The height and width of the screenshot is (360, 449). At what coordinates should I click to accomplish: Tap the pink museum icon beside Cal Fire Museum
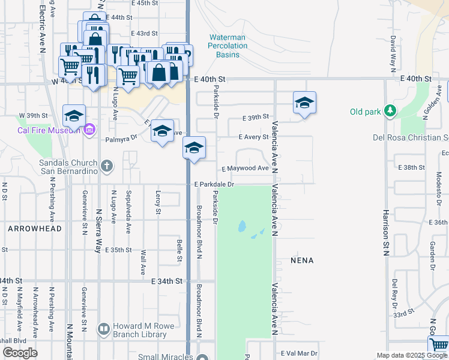coord(90,129)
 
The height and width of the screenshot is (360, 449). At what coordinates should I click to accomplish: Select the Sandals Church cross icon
coord(107,166)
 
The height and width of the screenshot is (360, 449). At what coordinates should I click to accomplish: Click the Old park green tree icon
coord(391,111)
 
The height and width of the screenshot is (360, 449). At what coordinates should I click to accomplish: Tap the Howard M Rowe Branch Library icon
coord(104,329)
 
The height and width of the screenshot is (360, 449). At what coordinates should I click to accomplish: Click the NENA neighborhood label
coord(302,261)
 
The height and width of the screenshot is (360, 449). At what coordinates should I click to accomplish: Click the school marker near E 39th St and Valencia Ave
coord(304,103)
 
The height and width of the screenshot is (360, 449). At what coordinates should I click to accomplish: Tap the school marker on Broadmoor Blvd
coord(194,148)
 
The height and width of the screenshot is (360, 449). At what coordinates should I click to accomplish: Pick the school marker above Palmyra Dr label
coord(162,131)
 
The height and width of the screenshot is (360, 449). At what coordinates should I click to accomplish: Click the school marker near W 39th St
coord(74,116)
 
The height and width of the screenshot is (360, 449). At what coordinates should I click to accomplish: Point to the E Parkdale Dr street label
coord(214,185)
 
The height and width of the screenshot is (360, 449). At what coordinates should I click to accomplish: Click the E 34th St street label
coord(167,281)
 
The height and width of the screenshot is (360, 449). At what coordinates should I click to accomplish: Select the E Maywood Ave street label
coord(246,169)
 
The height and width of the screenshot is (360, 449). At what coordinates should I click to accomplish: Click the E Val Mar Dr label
coord(298,354)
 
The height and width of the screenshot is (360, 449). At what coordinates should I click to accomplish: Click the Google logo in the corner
coord(20,353)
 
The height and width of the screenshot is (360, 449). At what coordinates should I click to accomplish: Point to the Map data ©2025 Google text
coord(412,355)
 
